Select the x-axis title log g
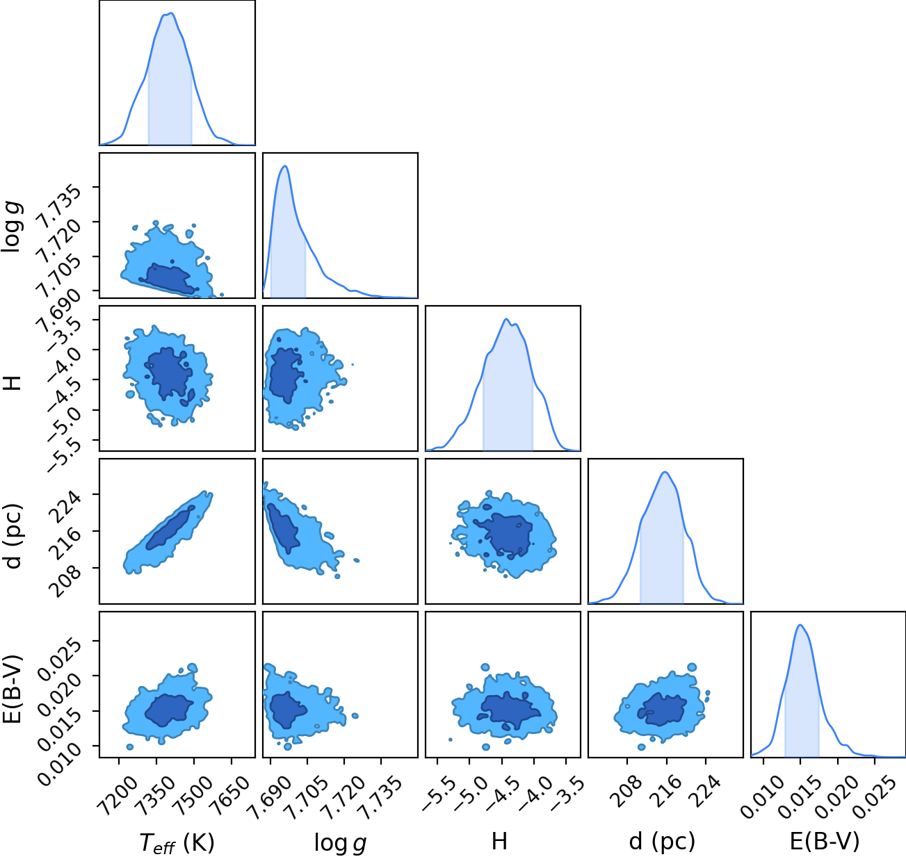tap(340, 843)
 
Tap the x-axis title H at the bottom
tap(499, 841)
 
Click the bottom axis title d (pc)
tap(662, 842)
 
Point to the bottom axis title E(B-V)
tap(825, 842)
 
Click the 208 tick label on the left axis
tap(66, 581)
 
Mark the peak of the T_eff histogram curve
tap(171, 13)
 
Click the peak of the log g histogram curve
tap(286, 166)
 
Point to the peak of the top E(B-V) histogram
tap(800, 625)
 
